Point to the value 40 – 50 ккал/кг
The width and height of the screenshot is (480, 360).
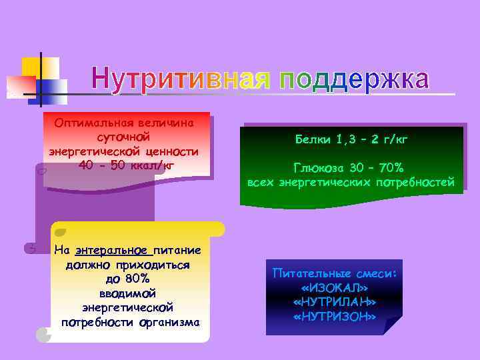pos(126,165)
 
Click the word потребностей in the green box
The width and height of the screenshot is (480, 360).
pos(415,182)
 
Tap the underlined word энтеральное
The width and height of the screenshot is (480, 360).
pos(112,251)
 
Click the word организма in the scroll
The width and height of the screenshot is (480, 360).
pos(169,323)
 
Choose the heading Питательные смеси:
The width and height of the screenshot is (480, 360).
pos(334,273)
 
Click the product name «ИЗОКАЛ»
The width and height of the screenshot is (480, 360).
pos(334,287)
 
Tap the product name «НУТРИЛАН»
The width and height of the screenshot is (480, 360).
pos(334,302)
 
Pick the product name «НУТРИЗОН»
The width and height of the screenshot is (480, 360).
pos(334,317)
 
